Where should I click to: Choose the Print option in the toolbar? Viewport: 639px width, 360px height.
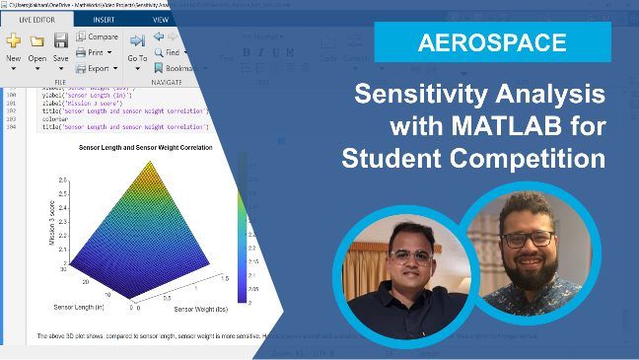94,52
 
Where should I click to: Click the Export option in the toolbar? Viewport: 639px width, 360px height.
97,68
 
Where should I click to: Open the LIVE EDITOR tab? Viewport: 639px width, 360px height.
36,19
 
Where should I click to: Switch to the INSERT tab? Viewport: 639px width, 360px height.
104,19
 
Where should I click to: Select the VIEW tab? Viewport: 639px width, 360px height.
160,19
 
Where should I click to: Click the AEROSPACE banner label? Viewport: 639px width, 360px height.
492,43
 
